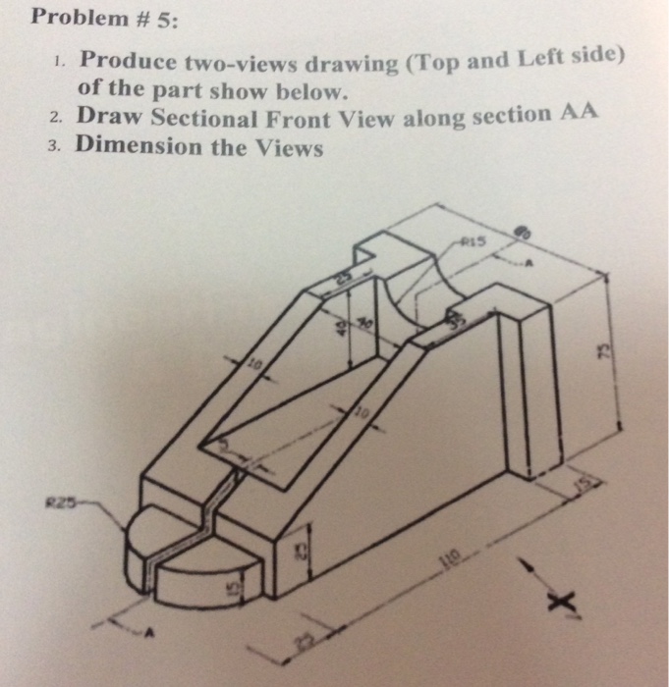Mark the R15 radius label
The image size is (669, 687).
475,241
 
